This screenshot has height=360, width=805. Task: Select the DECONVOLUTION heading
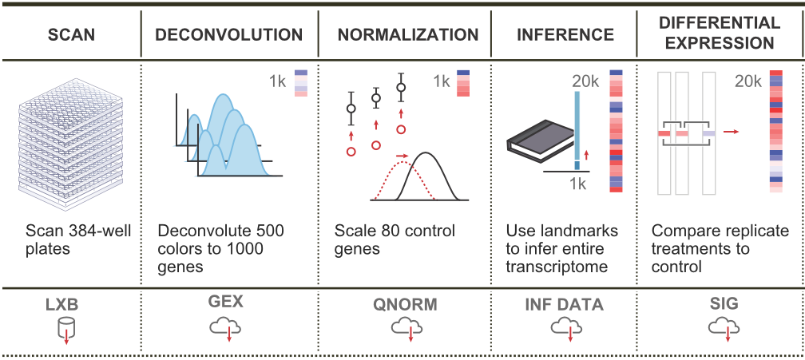pyautogui.click(x=229, y=35)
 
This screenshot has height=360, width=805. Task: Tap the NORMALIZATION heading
pyautogui.click(x=408, y=35)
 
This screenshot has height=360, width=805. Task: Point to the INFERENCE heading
pyautogui.click(x=565, y=35)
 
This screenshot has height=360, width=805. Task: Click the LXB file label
pyautogui.click(x=67, y=303)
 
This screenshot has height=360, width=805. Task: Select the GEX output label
pyautogui.click(x=228, y=303)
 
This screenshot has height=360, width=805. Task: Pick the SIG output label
pyautogui.click(x=722, y=303)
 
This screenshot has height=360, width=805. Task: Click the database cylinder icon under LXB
pyautogui.click(x=67, y=328)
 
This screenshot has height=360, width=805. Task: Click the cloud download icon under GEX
pyautogui.click(x=228, y=327)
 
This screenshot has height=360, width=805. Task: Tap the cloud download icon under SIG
pyautogui.click(x=722, y=327)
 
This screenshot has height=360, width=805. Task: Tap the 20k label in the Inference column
pyautogui.click(x=585, y=81)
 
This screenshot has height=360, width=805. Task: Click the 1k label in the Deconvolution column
pyautogui.click(x=276, y=81)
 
